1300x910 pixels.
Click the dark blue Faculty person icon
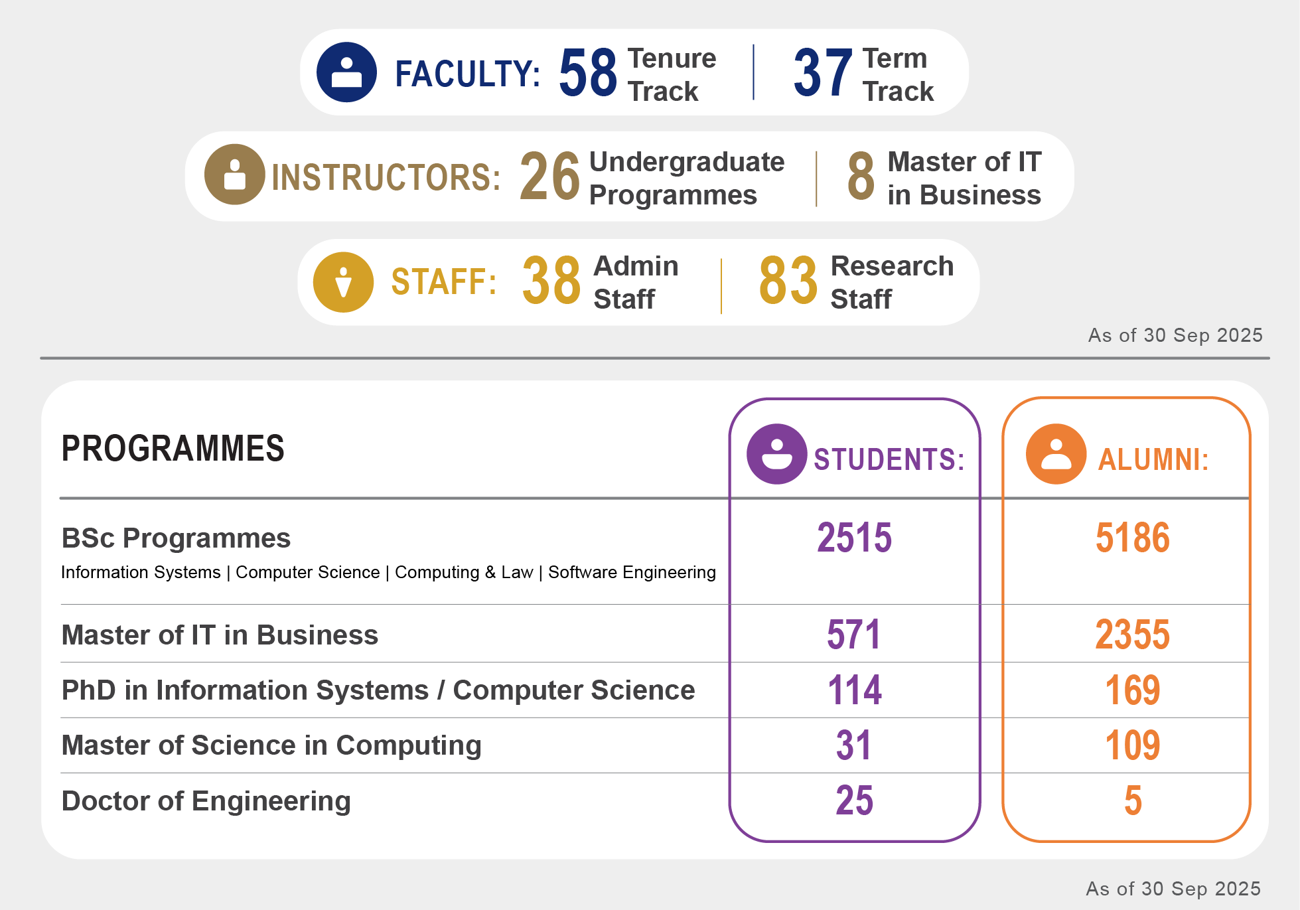tap(346, 72)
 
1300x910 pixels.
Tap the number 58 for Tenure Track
tap(587, 73)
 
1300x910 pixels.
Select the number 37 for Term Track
tap(822, 73)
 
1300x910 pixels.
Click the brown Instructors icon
tap(234, 175)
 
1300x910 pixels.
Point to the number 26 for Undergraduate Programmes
tap(549, 177)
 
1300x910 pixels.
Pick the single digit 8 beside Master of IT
tap(861, 177)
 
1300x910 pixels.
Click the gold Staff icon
tap(343, 282)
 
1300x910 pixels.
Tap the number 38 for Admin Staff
tap(551, 281)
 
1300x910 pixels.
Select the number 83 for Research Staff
tap(788, 281)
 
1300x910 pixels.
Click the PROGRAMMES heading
tap(173, 449)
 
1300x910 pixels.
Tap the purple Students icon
tap(776, 454)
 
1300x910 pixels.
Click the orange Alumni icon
tap(1056, 454)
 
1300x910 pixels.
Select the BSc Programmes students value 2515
tap(854, 538)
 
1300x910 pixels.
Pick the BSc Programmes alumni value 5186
tap(1132, 538)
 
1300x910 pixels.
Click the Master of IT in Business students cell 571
tap(854, 635)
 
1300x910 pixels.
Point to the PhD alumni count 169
tap(1132, 690)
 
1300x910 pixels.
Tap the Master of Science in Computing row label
tap(271, 745)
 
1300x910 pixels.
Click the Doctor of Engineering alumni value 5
tap(1133, 800)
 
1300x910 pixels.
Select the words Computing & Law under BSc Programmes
tap(464, 572)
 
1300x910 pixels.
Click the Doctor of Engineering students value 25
tap(854, 800)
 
